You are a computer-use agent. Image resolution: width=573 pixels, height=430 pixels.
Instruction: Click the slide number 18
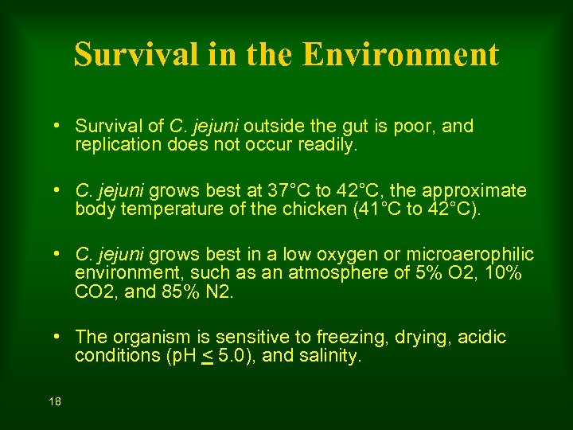tap(55, 402)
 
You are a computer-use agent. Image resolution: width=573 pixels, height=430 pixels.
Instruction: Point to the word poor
tap(416, 127)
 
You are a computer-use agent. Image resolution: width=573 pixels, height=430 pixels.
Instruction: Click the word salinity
tap(329, 357)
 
